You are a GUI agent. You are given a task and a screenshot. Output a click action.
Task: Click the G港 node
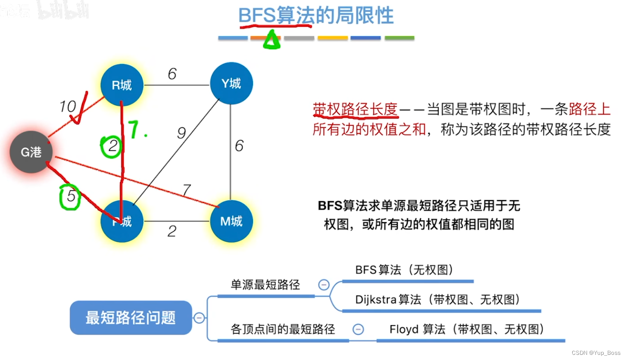[31, 152]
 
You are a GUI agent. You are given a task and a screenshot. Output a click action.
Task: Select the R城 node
[122, 85]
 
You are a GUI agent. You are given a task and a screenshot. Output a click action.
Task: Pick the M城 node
[231, 221]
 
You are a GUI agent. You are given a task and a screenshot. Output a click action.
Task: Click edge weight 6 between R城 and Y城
[172, 74]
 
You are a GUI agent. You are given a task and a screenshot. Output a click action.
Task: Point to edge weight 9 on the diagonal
[181, 133]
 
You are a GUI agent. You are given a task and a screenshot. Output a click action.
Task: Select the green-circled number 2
[112, 146]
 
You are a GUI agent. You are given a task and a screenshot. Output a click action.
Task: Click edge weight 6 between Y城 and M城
[239, 146]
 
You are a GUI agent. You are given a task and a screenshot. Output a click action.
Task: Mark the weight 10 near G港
[68, 106]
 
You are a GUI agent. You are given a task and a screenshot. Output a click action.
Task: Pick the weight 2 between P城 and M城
[172, 232]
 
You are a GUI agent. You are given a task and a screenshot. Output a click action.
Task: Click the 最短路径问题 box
[131, 318]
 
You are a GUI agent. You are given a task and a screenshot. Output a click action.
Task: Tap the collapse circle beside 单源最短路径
[323, 285]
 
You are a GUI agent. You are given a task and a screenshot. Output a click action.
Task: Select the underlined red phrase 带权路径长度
[355, 109]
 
